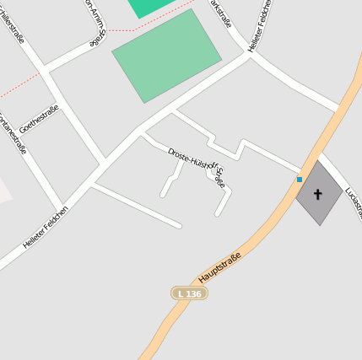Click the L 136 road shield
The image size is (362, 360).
click(x=190, y=293)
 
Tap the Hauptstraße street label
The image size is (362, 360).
click(x=219, y=267)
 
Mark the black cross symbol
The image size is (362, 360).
click(x=318, y=194)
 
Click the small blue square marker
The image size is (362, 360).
click(x=299, y=179)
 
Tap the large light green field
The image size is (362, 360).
click(x=167, y=56)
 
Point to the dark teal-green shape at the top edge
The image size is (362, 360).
click(x=152, y=7)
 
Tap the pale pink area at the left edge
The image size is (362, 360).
click(x=4, y=190)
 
